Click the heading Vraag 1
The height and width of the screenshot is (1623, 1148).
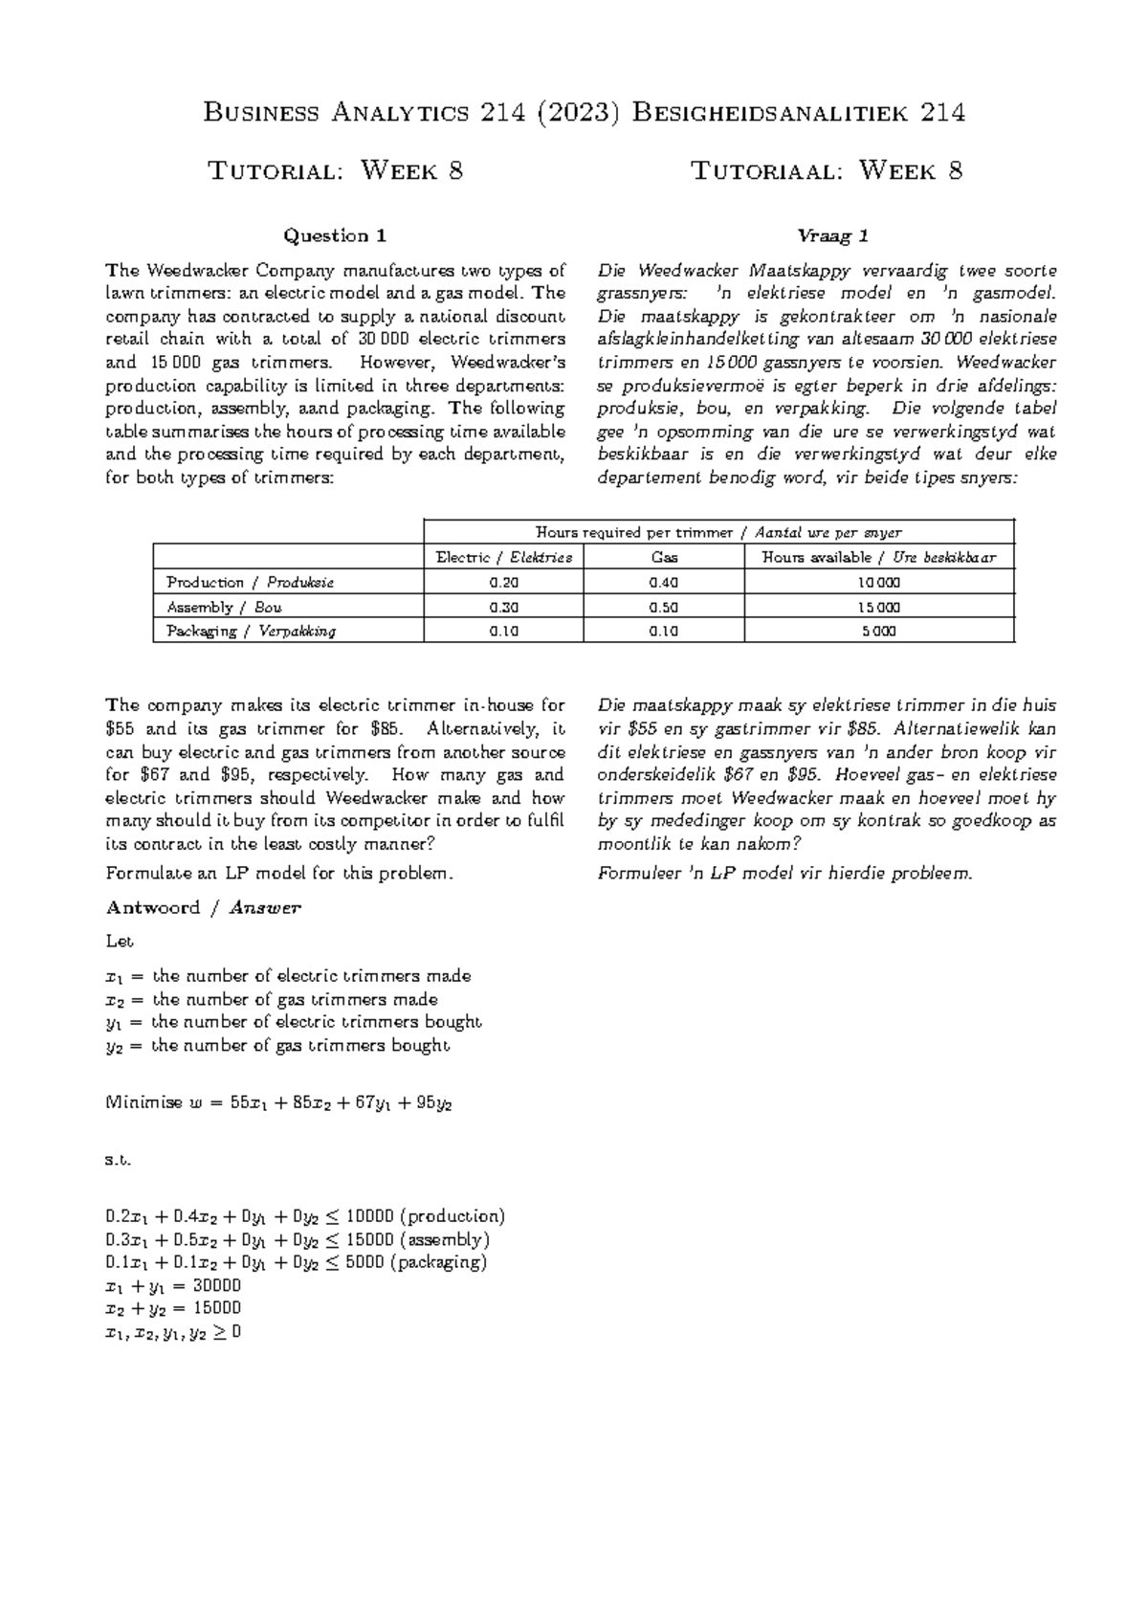click(x=827, y=236)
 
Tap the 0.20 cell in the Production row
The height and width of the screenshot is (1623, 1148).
click(x=503, y=583)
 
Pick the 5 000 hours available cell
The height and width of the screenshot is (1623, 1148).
click(x=878, y=632)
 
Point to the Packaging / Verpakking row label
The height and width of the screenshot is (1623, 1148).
click(x=251, y=632)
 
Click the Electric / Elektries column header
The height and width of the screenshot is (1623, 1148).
click(x=503, y=558)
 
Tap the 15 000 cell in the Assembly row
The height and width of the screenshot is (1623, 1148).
click(x=878, y=607)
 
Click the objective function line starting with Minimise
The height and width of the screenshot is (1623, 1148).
click(x=277, y=1102)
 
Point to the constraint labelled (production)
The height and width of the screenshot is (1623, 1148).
click(x=304, y=1216)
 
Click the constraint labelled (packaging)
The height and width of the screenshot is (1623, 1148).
click(x=296, y=1262)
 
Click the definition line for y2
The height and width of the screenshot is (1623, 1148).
click(x=276, y=1046)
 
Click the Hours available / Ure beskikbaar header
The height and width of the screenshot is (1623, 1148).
click(x=878, y=558)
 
